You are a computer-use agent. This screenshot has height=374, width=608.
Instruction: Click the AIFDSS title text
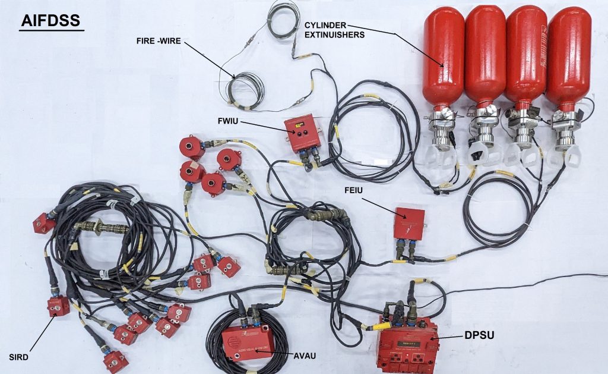[x=51, y=20]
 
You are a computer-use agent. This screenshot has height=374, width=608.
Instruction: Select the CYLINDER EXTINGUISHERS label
[x=334, y=30]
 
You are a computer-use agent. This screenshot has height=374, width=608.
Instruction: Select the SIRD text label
[x=20, y=357]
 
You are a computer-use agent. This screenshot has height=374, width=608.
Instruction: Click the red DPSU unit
[x=407, y=346]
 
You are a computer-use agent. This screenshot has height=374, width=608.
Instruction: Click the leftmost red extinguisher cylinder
[x=443, y=59]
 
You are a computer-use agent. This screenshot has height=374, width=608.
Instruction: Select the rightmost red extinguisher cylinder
[x=568, y=59]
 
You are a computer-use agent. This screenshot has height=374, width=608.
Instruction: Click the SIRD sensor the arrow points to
[x=58, y=306]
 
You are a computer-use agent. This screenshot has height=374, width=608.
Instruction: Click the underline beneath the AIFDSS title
[x=51, y=30]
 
